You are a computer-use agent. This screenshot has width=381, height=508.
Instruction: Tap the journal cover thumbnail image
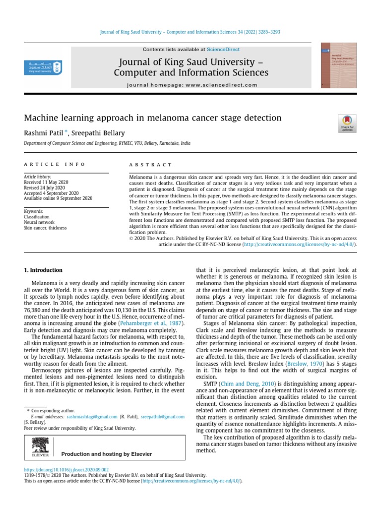(339, 65)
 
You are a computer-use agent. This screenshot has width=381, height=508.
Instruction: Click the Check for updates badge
(346, 123)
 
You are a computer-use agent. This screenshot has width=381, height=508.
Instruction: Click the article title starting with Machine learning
(153, 118)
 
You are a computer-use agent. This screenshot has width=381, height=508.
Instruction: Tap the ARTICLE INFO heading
(55, 164)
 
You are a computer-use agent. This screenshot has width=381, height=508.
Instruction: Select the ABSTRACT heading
(150, 165)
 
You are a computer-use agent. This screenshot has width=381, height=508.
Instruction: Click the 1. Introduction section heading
(44, 270)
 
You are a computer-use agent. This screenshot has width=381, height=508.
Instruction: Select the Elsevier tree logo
(40, 446)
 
